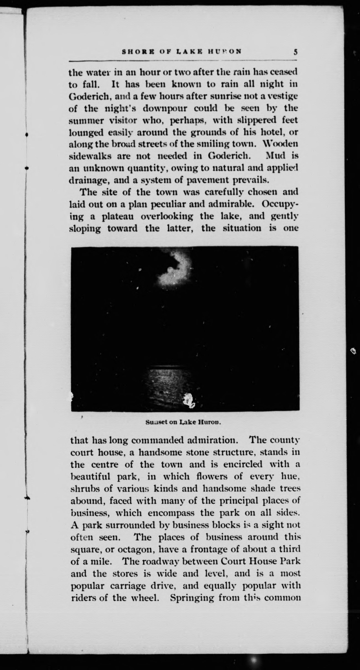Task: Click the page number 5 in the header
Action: [x=295, y=52]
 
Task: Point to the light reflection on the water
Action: [x=169, y=380]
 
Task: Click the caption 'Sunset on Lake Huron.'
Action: [x=183, y=422]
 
